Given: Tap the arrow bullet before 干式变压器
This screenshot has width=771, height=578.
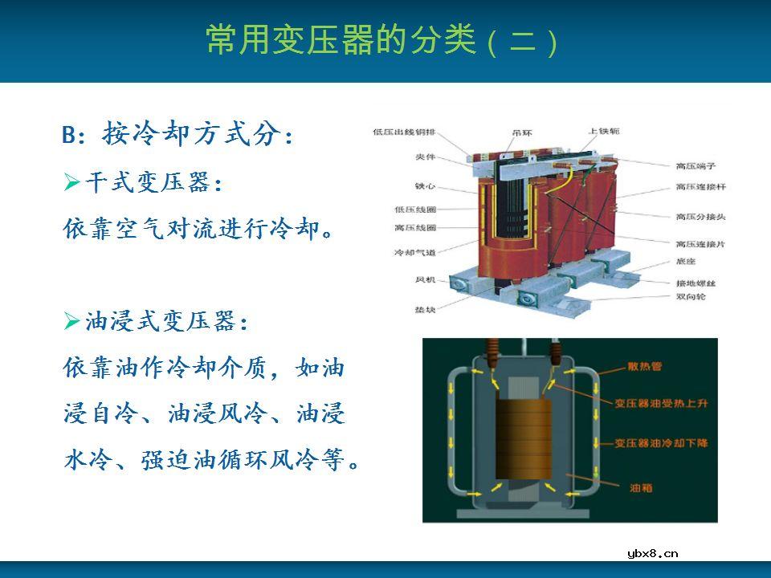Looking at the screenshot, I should (71, 185).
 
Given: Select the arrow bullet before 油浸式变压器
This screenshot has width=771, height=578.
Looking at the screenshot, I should (71, 323).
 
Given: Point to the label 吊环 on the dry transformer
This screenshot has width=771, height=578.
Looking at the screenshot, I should (521, 133).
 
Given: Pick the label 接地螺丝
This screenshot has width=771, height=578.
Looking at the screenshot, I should (695, 283).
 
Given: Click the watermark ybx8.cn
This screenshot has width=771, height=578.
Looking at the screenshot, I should (652, 552).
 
